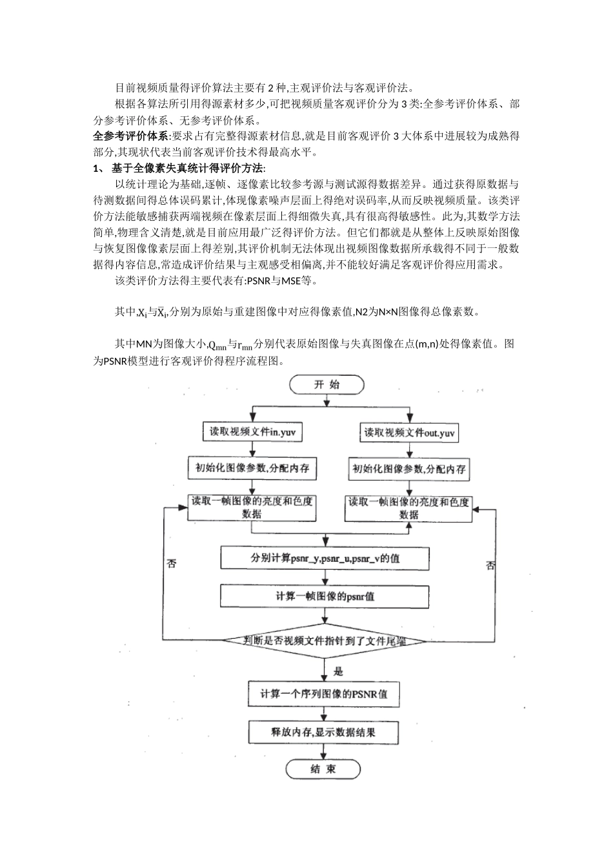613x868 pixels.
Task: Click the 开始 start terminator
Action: (327, 385)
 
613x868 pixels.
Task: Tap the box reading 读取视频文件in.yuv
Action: (252, 431)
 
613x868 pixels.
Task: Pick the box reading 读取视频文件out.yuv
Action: (409, 433)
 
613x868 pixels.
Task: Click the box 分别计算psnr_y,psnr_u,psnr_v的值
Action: (325, 559)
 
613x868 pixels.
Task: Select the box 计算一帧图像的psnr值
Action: (325, 596)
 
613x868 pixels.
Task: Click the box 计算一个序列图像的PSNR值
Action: (324, 694)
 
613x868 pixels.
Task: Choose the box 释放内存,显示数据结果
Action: (323, 732)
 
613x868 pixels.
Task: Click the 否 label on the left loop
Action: (172, 563)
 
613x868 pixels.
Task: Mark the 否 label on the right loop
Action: (490, 565)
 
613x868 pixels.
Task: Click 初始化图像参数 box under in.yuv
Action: (252, 468)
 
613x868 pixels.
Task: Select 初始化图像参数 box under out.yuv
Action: (409, 470)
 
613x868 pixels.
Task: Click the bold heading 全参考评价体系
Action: (130, 136)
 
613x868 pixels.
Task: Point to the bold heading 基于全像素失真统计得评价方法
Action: (187, 168)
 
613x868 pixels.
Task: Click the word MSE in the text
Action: (291, 280)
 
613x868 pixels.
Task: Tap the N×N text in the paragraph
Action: (388, 311)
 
